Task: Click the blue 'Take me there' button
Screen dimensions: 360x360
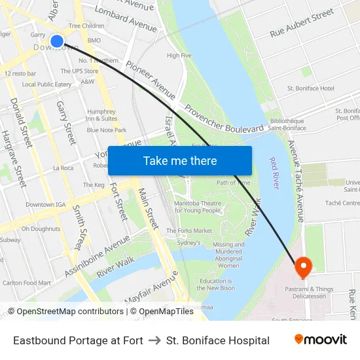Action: tap(180, 160)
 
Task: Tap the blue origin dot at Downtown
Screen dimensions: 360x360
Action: tap(57, 41)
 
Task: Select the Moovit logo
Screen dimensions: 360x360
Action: tap(321, 340)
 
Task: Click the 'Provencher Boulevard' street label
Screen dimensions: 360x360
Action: tap(224, 118)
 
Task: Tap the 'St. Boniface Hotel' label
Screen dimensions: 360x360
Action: tap(311, 88)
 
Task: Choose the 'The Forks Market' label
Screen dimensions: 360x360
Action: tap(189, 231)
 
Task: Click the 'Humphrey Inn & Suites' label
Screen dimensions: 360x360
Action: tap(101, 115)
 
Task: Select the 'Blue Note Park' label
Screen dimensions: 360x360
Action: tap(107, 130)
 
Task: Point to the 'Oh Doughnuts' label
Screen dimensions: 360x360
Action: tap(41, 229)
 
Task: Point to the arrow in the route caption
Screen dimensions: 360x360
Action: tap(154, 340)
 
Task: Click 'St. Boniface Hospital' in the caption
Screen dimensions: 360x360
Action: tap(218, 340)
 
